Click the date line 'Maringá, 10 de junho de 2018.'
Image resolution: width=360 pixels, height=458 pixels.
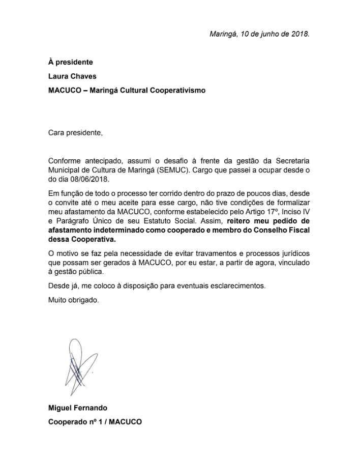point(259,34)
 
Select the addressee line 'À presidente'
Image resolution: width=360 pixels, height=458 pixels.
point(71,62)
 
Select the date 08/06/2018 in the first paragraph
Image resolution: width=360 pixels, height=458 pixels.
point(90,180)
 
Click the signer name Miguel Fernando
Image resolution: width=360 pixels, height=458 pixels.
point(78,408)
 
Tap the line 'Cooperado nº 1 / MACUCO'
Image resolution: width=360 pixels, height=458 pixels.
point(95,422)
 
